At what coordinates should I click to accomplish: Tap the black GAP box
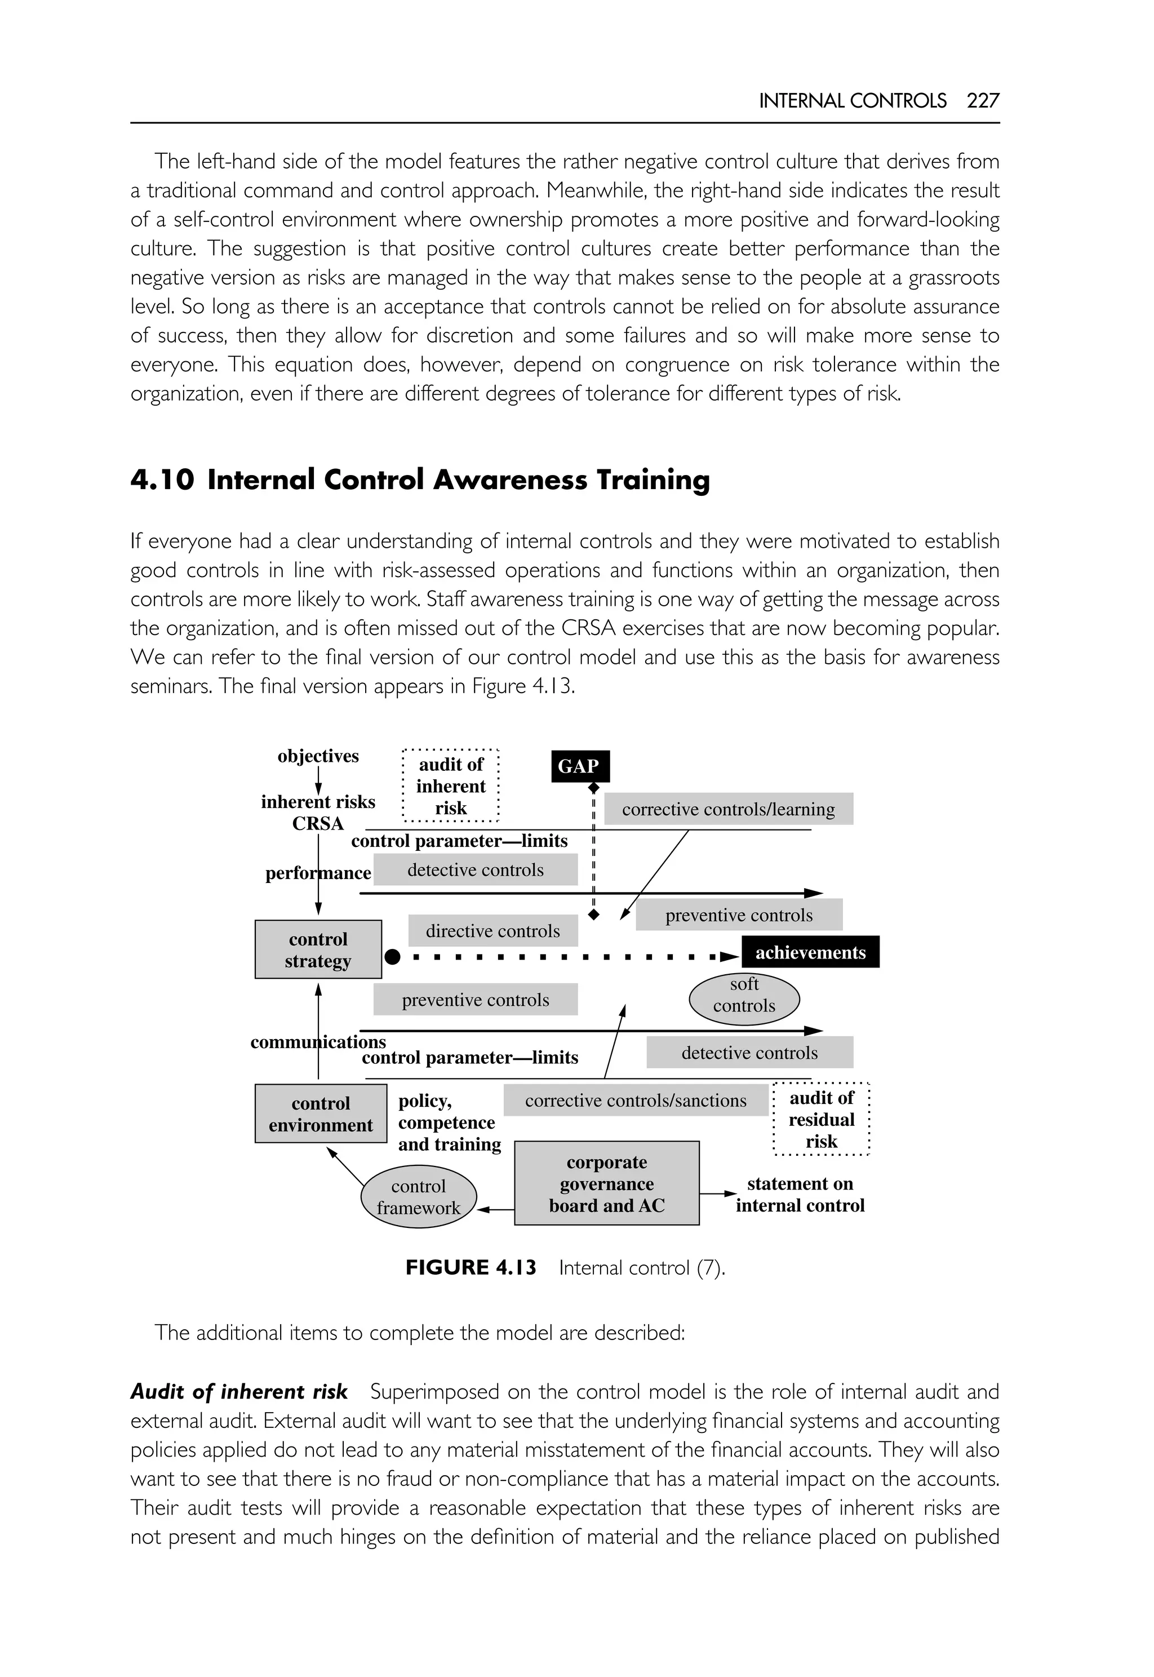click(580, 766)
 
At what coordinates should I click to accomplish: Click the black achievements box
click(810, 952)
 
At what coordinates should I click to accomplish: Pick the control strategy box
click(318, 950)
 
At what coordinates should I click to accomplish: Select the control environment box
click(320, 1113)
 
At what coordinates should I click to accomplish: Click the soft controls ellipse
click(744, 995)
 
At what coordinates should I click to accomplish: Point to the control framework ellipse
click(419, 1196)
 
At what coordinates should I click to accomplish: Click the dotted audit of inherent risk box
click(450, 786)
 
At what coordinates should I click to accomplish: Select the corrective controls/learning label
click(728, 809)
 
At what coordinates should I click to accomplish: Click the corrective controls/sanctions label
click(636, 1100)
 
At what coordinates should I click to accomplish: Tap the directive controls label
click(492, 931)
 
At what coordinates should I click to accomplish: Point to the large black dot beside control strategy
click(392, 957)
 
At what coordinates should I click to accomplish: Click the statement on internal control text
click(800, 1195)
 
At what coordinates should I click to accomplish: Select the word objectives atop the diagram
click(318, 756)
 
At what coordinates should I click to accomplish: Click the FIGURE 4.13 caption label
click(471, 1268)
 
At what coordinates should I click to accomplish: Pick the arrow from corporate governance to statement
click(718, 1194)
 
